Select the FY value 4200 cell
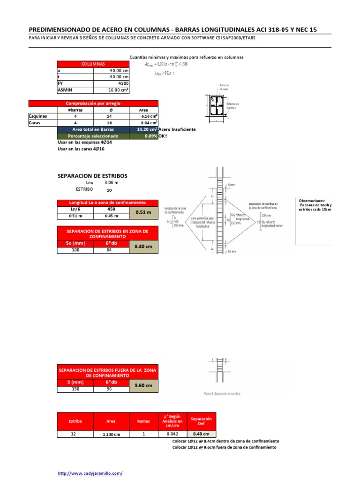(112, 83)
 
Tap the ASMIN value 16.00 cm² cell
(112, 90)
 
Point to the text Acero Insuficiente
(177, 129)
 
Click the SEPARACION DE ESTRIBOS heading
(92, 176)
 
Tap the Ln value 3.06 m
(112, 183)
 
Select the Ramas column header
(144, 421)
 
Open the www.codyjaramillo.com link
(90, 473)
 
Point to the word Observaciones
(311, 200)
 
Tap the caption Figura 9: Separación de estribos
(219, 394)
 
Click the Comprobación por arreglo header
(93, 103)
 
